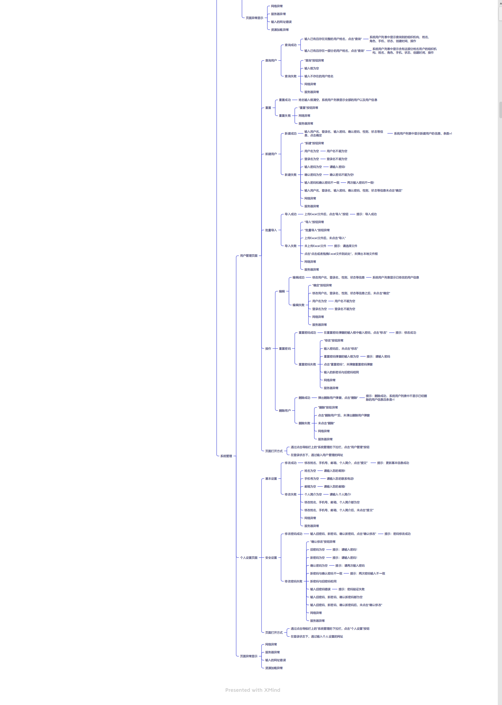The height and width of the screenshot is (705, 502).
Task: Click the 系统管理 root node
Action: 226,456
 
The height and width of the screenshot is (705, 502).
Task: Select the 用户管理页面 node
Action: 249,256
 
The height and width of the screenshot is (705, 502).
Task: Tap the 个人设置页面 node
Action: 249,558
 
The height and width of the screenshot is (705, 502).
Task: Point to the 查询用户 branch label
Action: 271,61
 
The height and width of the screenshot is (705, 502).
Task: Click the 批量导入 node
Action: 271,230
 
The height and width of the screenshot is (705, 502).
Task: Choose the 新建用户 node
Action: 271,154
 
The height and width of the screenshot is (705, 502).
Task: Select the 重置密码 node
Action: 285,349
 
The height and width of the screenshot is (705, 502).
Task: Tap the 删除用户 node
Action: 285,411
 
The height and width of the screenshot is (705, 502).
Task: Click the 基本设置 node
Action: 271,478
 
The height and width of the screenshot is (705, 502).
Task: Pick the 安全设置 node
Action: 271,558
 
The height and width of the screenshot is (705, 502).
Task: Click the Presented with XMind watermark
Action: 252,690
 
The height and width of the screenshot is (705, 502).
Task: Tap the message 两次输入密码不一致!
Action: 360,183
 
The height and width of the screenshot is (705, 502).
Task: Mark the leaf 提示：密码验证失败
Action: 351,589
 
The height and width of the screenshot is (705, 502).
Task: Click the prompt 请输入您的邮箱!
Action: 334,486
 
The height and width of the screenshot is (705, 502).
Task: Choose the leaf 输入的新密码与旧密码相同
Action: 341,372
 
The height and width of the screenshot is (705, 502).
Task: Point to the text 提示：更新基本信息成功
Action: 393,463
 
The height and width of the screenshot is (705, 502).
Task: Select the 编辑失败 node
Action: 298,305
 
